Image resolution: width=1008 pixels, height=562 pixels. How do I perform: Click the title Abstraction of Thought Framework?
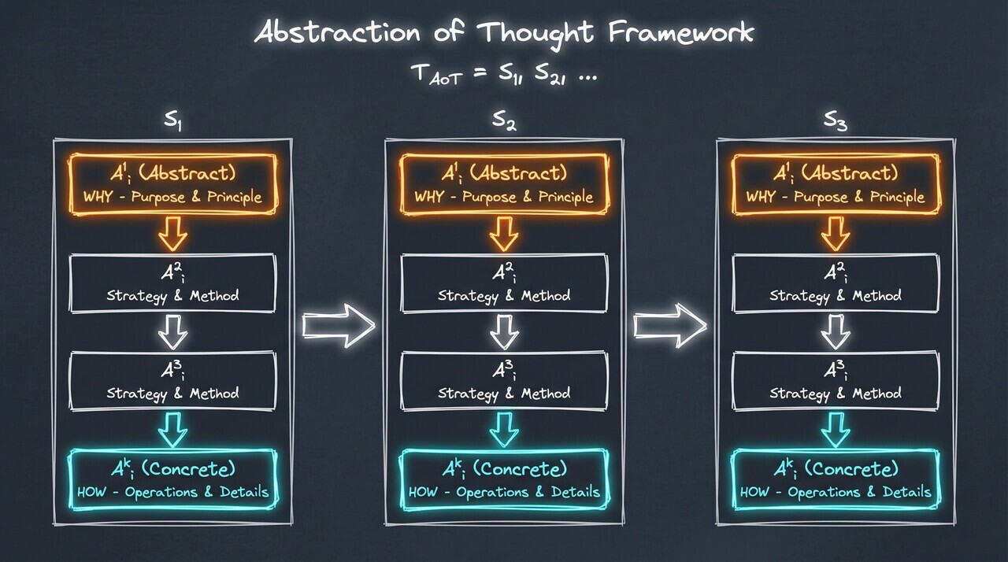[504, 33]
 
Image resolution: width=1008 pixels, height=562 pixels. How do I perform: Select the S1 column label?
[174, 121]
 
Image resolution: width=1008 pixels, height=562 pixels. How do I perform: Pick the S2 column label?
[505, 121]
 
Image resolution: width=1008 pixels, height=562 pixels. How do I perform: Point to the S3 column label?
[836, 121]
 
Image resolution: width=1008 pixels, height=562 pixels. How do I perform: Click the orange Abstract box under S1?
[173, 184]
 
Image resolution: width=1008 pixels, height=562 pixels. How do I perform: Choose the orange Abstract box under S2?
[505, 184]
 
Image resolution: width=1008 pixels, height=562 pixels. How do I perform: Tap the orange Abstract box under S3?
[836, 184]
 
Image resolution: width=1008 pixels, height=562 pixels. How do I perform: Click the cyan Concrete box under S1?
[173, 480]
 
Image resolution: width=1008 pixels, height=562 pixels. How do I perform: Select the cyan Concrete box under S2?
[505, 480]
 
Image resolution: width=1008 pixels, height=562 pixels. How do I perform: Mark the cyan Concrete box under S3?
[836, 480]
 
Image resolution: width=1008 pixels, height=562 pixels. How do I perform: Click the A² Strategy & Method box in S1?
[173, 283]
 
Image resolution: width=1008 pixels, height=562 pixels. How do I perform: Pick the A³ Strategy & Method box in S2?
[505, 381]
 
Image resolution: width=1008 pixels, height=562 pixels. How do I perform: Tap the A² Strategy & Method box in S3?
[836, 283]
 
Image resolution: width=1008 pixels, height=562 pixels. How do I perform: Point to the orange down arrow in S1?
[173, 233]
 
